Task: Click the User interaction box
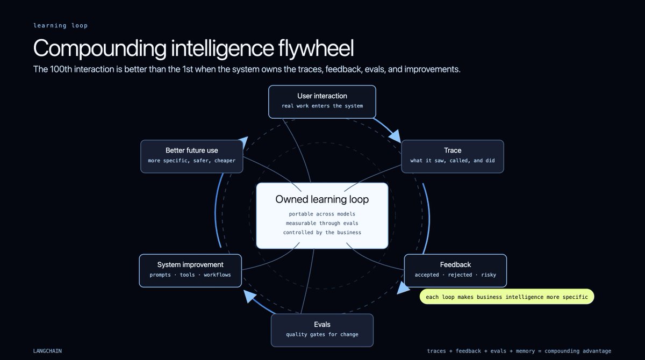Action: pyautogui.click(x=322, y=102)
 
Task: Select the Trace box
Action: pyautogui.click(x=453, y=156)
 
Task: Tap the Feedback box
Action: pyautogui.click(x=455, y=270)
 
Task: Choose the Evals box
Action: pyautogui.click(x=322, y=330)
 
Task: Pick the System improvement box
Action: pyautogui.click(x=190, y=270)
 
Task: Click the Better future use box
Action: pyautogui.click(x=192, y=156)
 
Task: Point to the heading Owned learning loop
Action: pyautogui.click(x=322, y=199)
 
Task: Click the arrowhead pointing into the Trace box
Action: pyautogui.click(x=396, y=136)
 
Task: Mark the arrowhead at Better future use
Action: pyautogui.click(x=243, y=142)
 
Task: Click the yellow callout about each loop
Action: pyautogui.click(x=507, y=297)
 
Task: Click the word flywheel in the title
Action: pyautogui.click(x=316, y=48)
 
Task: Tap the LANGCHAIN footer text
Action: pyautogui.click(x=47, y=351)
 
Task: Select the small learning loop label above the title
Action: pyautogui.click(x=60, y=25)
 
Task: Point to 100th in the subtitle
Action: pyautogui.click(x=61, y=69)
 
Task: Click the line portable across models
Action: pyautogui.click(x=322, y=214)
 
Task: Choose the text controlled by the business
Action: pyautogui.click(x=322, y=232)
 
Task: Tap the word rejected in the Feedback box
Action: pyautogui.click(x=460, y=275)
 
